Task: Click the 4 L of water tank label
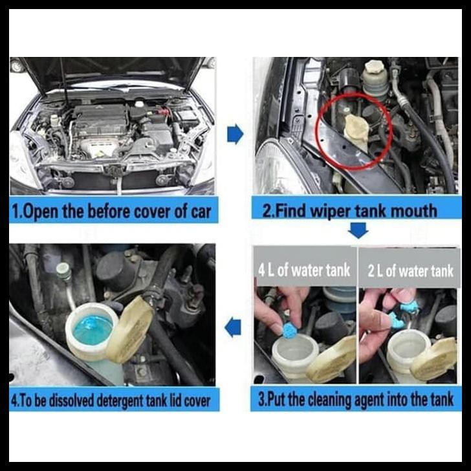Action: pos(304,270)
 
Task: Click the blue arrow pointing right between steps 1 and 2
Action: pos(235,134)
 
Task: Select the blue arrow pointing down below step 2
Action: pos(358,230)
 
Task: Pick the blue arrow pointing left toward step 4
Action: pos(233,327)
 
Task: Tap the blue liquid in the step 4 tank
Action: pos(93,329)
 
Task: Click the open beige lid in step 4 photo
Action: pos(132,328)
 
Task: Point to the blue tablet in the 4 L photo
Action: pos(290,329)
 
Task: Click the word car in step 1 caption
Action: pos(201,212)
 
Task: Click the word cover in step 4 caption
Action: pos(197,401)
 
